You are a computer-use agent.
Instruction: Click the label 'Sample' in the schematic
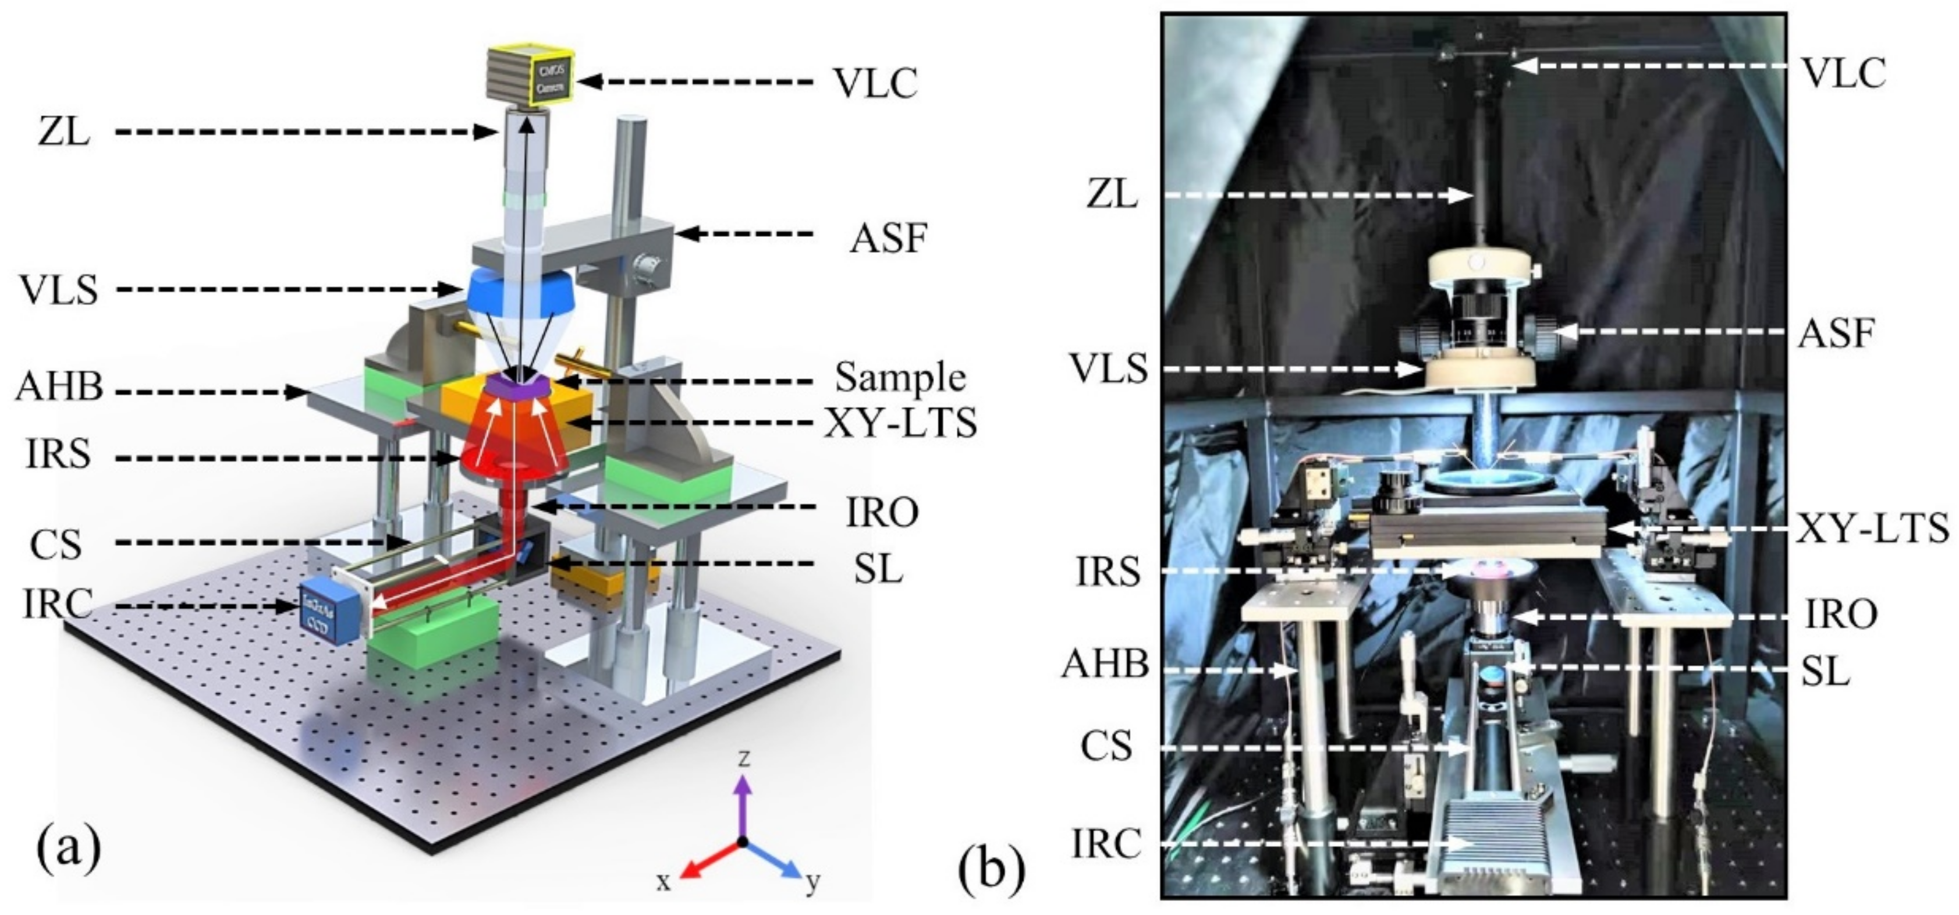tap(900, 378)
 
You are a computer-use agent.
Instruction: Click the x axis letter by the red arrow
tap(664, 882)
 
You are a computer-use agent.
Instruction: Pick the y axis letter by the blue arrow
tap(813, 882)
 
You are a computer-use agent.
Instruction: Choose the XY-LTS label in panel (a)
tap(900, 423)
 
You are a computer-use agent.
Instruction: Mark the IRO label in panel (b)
tap(1840, 615)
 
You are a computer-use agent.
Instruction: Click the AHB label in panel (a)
tap(59, 387)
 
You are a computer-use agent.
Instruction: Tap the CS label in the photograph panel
tap(1106, 746)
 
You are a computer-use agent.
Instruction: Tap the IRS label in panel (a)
tap(58, 456)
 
